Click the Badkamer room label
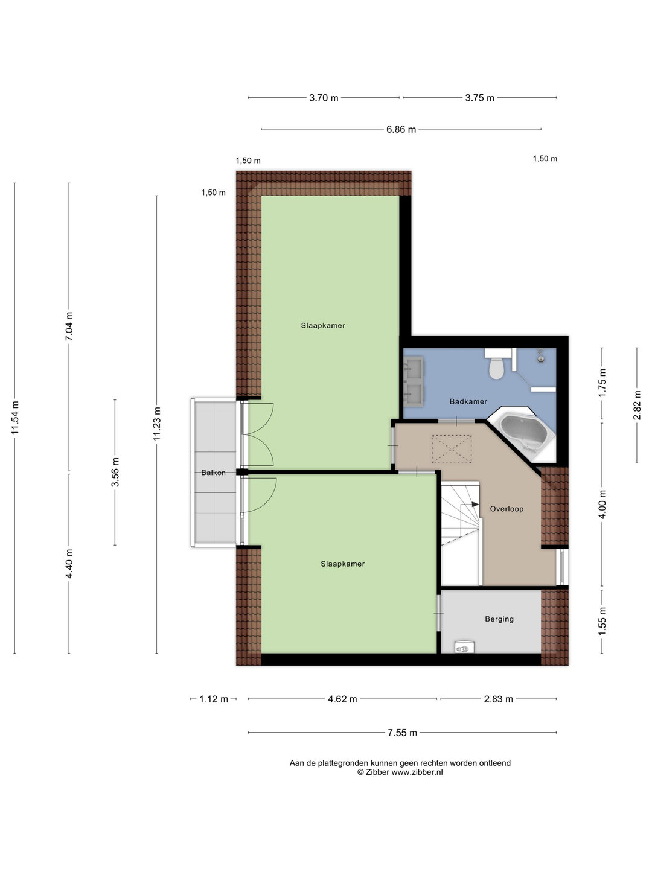[x=468, y=401]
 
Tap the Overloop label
[x=507, y=509]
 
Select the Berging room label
[x=499, y=619]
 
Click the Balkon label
[x=213, y=473]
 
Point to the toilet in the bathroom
[x=497, y=367]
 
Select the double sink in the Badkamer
[x=414, y=380]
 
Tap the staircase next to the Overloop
[x=460, y=531]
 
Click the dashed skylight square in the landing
[x=451, y=449]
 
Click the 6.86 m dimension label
[x=401, y=129]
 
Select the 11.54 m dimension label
[x=15, y=417]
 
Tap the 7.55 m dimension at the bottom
[x=402, y=733]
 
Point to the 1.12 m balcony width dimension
[x=213, y=699]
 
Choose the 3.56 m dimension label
[x=115, y=472]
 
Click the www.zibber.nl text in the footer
[x=417, y=772]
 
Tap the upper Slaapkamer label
[x=323, y=326]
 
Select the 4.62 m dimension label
[x=342, y=699]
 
